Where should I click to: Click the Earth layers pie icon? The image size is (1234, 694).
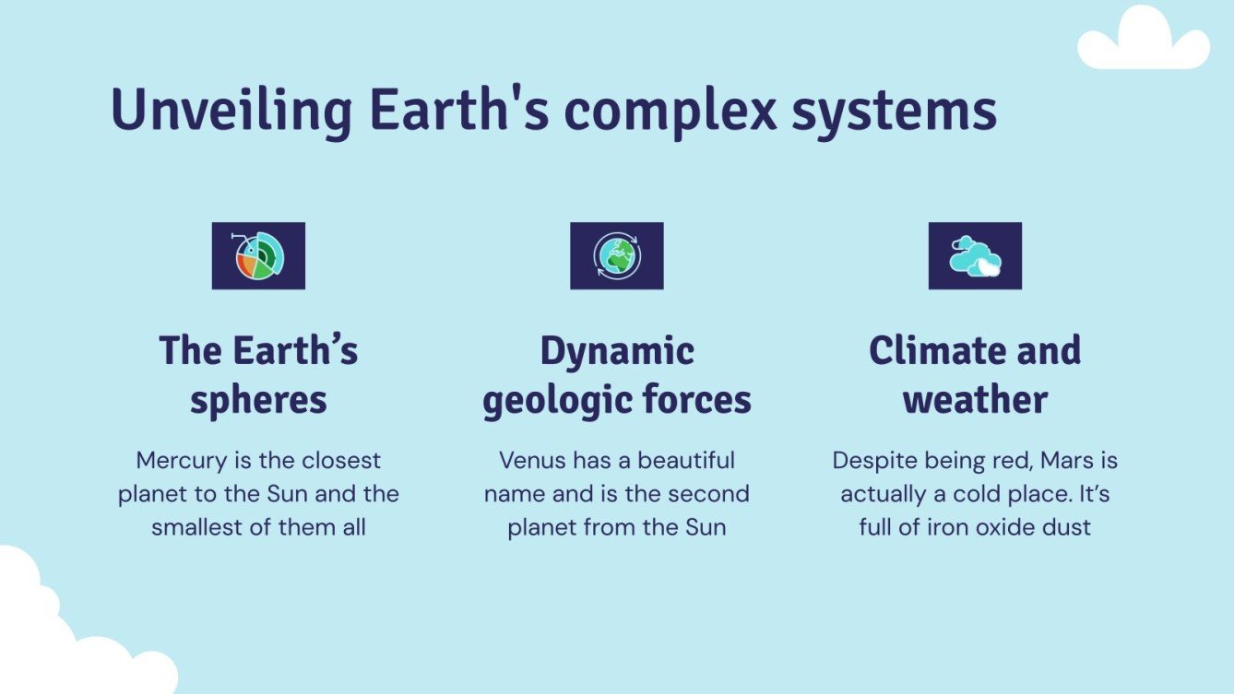pyautogui.click(x=258, y=256)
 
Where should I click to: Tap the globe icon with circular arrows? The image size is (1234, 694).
pyautogui.click(x=616, y=256)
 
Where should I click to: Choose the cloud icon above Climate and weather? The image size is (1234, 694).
pyautogui.click(x=975, y=256)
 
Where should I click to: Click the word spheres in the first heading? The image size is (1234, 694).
pyautogui.click(x=258, y=400)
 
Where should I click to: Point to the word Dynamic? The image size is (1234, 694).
pyautogui.click(x=617, y=351)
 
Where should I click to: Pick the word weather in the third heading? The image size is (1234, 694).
pyautogui.click(x=975, y=400)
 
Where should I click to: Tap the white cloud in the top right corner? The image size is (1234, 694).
pyautogui.click(x=1144, y=41)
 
